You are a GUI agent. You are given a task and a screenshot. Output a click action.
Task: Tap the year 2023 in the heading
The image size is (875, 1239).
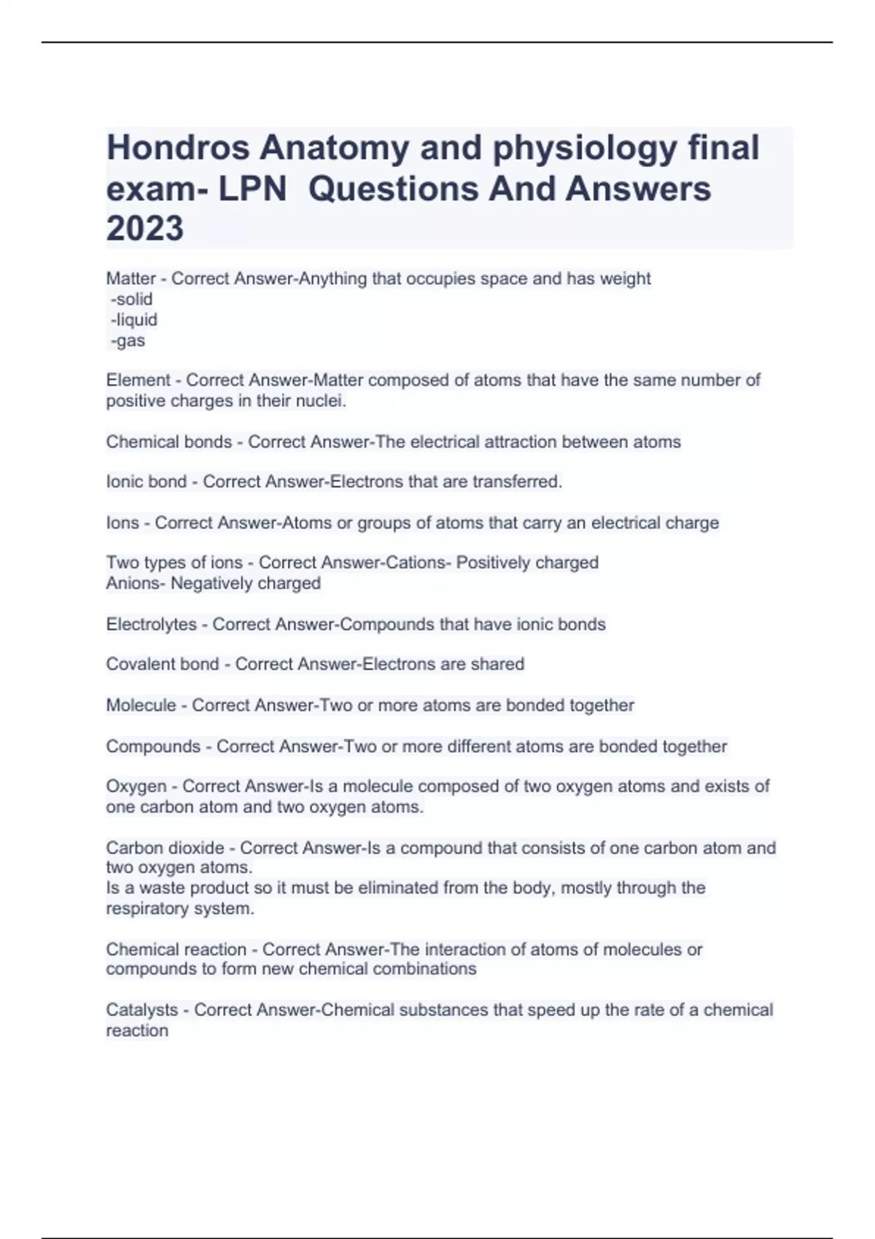145,229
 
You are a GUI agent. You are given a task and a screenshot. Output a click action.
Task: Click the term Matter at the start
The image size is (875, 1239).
131,278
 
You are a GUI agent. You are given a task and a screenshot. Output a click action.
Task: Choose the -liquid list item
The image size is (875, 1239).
133,320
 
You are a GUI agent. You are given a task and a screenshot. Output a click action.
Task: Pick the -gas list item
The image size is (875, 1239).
128,340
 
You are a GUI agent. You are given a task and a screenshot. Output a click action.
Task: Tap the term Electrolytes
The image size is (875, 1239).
151,625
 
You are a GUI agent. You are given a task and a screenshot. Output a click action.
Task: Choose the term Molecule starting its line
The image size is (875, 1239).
141,706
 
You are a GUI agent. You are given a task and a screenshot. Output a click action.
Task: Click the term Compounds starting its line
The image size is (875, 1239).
152,746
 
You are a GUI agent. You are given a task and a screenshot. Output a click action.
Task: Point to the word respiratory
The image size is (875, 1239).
144,909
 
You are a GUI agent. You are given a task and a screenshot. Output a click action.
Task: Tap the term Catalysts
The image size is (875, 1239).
141,1010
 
